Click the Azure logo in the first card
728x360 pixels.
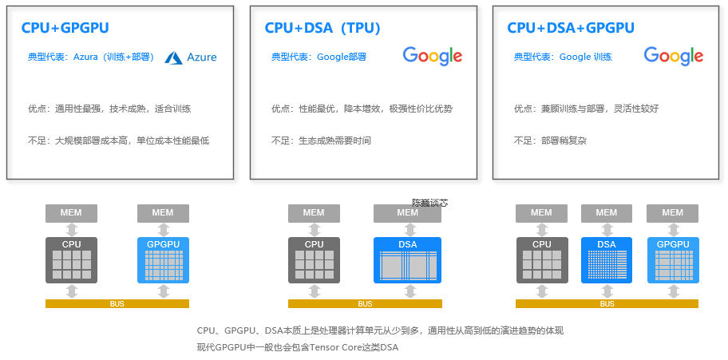coord(191,57)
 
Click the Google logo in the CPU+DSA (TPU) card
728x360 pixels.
coord(433,56)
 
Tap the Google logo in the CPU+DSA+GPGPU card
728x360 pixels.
coord(674,56)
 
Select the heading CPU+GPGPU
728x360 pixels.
coord(65,28)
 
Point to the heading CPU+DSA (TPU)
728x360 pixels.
coord(322,28)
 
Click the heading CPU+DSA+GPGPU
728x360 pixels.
coord(571,28)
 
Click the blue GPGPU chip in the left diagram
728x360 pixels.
coord(163,259)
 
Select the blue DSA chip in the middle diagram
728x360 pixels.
coord(407,259)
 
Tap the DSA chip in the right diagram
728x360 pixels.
coord(606,259)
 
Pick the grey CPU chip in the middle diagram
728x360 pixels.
coord(314,259)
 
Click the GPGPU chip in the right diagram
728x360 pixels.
coord(673,259)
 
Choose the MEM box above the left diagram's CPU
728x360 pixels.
coord(71,213)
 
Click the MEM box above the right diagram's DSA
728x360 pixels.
coord(606,213)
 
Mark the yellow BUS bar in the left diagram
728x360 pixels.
coord(117,303)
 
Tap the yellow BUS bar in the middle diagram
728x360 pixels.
coord(365,303)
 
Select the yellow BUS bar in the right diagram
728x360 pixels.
coord(607,303)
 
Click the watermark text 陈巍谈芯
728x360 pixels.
coord(429,203)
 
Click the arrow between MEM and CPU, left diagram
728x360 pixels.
coord(71,230)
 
